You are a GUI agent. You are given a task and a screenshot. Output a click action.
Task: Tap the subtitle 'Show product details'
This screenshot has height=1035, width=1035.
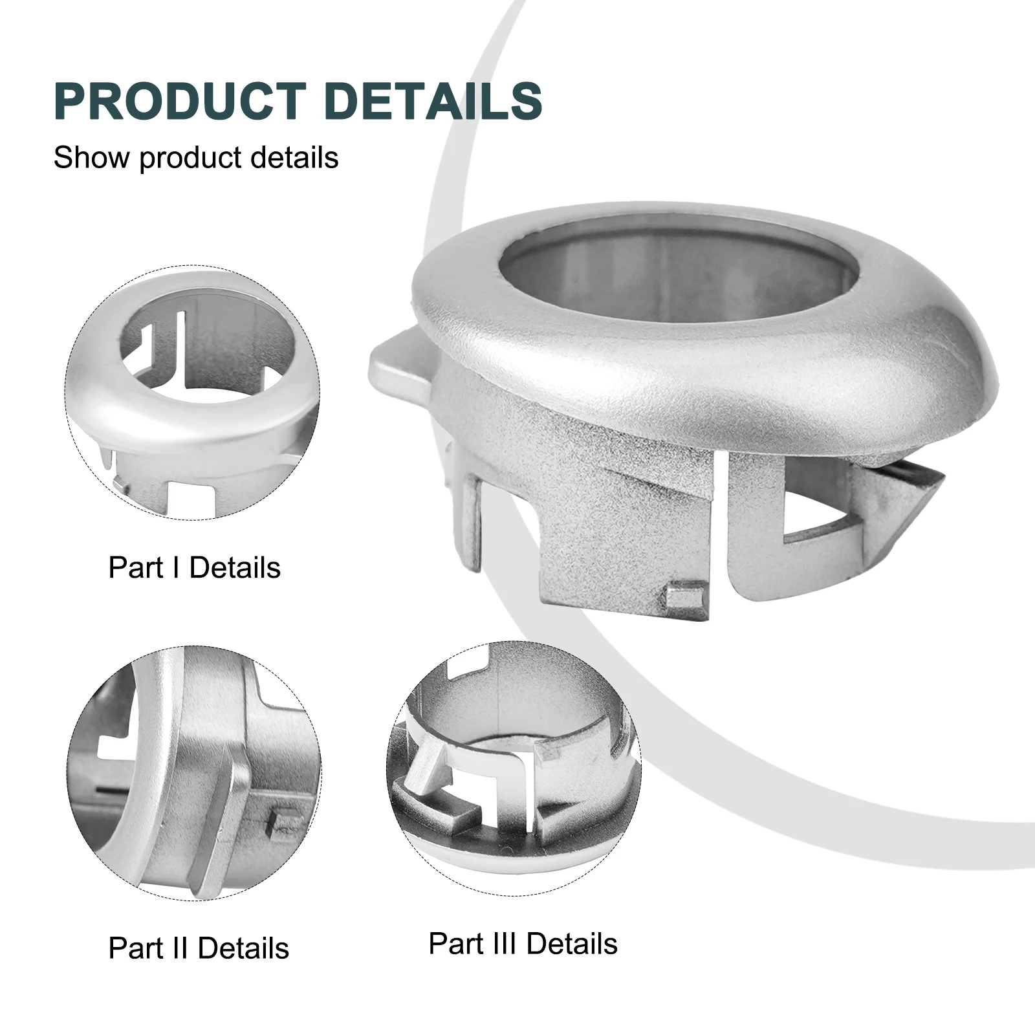[x=195, y=158]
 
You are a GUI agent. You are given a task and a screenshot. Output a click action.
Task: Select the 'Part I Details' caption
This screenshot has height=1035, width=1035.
[x=194, y=567]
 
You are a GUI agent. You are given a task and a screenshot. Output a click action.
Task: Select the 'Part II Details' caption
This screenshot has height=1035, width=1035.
[x=199, y=948]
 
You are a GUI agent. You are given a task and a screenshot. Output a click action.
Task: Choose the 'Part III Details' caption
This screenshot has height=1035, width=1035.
[x=523, y=944]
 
